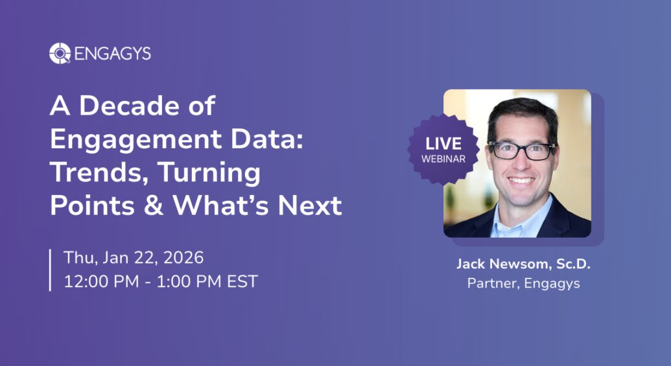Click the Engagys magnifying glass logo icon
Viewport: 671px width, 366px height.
(x=60, y=54)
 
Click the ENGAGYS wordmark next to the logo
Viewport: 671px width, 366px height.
(x=113, y=54)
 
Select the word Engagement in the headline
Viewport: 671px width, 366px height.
(x=135, y=140)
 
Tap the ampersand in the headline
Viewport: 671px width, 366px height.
(x=154, y=205)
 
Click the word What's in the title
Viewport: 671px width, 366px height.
(x=220, y=205)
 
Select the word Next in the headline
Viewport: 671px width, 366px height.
(x=311, y=205)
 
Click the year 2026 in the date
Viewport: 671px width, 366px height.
(x=183, y=257)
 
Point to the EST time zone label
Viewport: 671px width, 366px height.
(x=242, y=281)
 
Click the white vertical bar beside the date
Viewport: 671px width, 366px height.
(x=50, y=270)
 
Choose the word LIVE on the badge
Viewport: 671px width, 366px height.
(x=443, y=144)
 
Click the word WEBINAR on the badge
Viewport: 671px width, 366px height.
(x=443, y=159)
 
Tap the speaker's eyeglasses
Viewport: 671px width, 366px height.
(x=522, y=150)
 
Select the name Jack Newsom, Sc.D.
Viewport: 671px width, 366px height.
(x=523, y=264)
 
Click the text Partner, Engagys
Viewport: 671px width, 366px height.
(x=523, y=283)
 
